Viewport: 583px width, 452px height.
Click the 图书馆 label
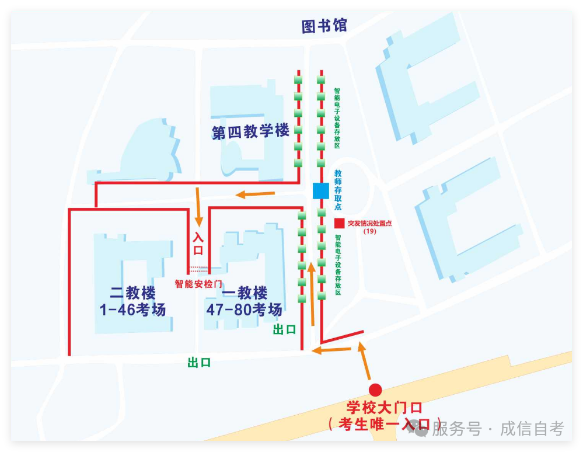tap(324, 26)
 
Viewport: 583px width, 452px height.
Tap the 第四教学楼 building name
tap(250, 131)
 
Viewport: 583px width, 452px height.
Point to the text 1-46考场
tap(133, 310)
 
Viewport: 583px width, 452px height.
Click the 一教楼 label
tap(245, 292)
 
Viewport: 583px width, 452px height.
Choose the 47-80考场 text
tap(244, 310)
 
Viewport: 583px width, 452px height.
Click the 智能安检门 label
tap(198, 284)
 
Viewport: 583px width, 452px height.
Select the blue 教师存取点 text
tap(338, 190)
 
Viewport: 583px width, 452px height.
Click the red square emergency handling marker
tap(339, 223)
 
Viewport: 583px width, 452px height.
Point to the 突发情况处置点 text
tap(369, 223)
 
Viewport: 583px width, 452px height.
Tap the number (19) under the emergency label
tap(369, 231)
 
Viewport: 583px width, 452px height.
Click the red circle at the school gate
tap(375, 390)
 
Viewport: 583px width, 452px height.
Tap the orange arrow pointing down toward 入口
tap(198, 207)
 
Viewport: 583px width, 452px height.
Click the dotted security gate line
tap(198, 270)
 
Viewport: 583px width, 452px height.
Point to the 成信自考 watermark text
tap(532, 429)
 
